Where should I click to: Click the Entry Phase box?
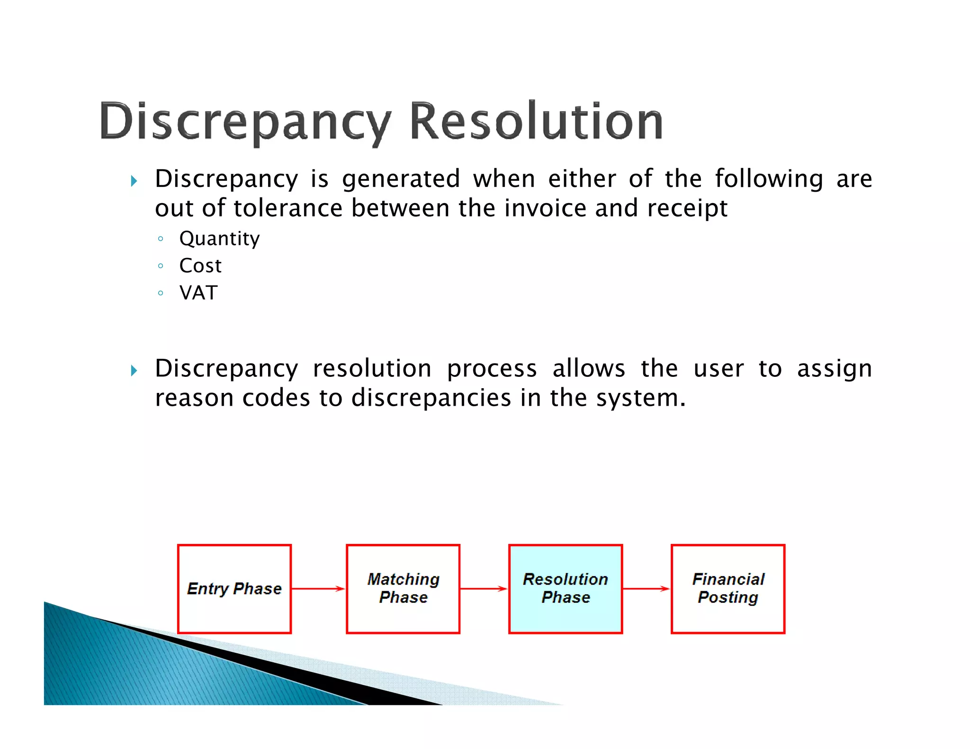(x=234, y=588)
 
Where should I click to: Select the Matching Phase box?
(x=403, y=588)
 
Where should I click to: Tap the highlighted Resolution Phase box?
(x=565, y=588)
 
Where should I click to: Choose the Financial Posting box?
(x=727, y=588)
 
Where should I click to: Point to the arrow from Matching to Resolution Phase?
(x=484, y=588)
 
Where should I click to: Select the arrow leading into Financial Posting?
(x=646, y=588)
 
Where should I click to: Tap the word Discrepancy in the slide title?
(x=245, y=122)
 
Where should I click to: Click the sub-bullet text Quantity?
(x=219, y=239)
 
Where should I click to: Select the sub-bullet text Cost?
(x=200, y=266)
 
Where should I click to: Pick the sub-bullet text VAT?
(x=198, y=293)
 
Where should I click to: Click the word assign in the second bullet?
(x=834, y=369)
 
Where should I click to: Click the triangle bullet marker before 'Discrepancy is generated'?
(x=134, y=181)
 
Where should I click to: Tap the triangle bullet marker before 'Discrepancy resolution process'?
(x=134, y=370)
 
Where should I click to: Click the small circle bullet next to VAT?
(x=161, y=293)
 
